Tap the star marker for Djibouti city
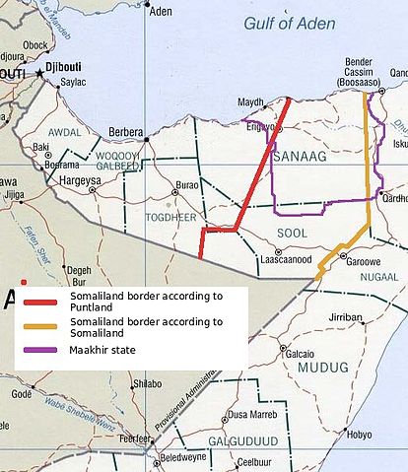point(40,73)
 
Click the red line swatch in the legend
point(43,302)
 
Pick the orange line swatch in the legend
point(43,327)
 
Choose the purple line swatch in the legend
point(43,349)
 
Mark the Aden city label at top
point(160,12)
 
